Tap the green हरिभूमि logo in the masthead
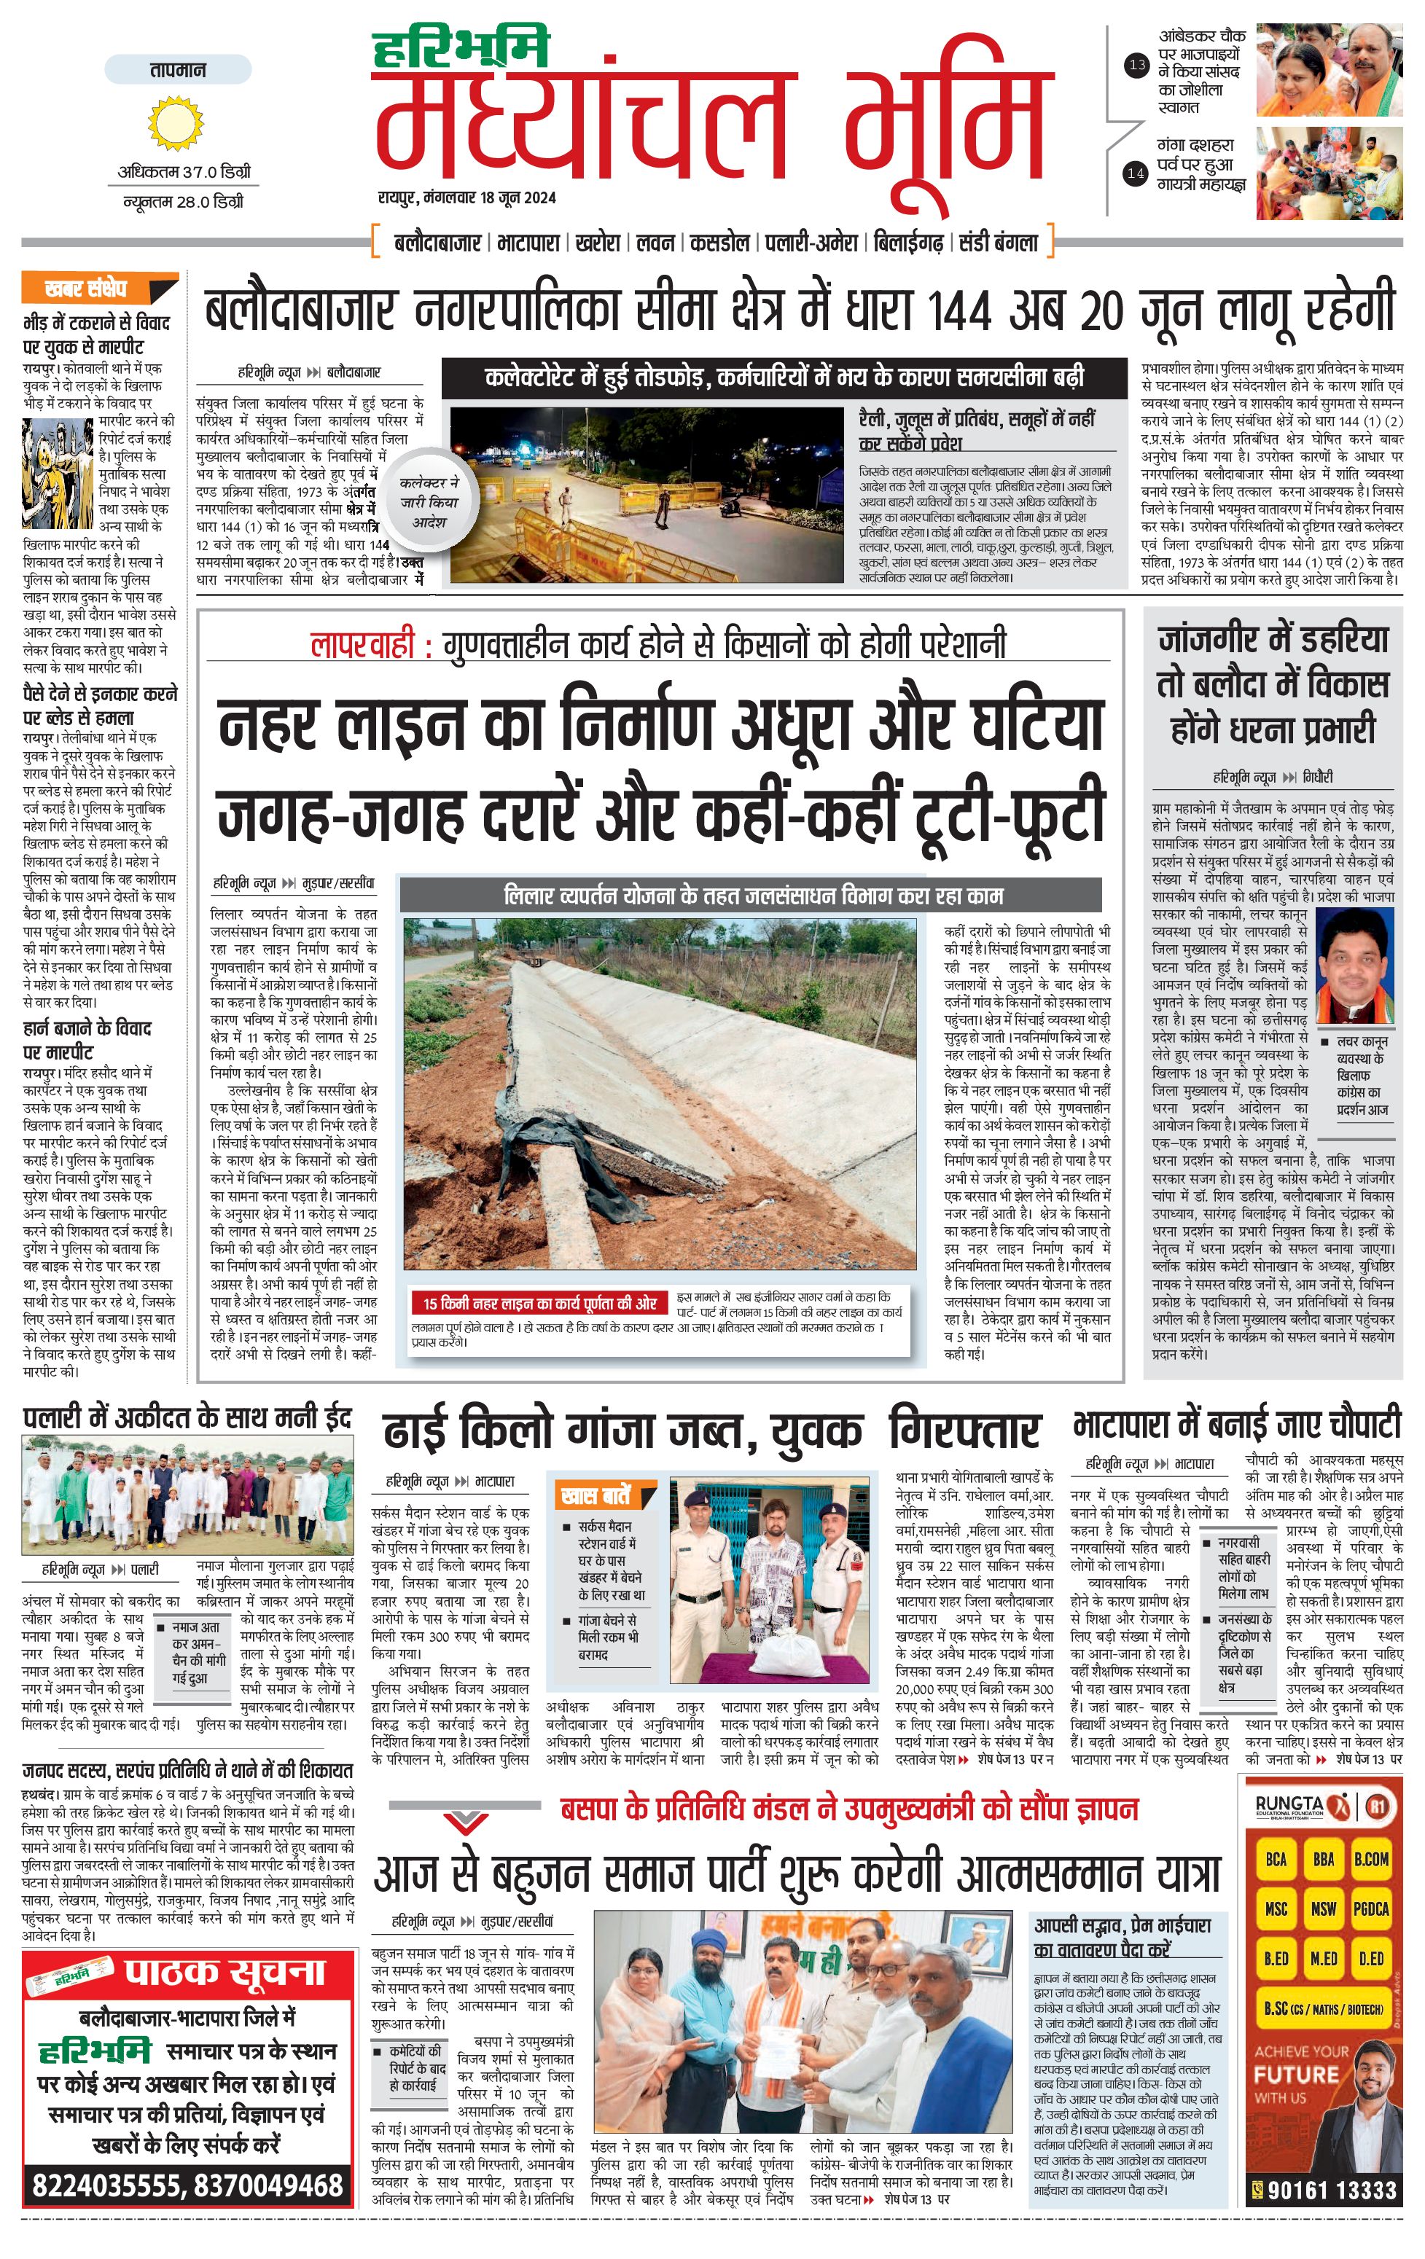[461, 49]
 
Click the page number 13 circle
[1137, 65]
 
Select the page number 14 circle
[1136, 173]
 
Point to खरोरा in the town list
[598, 243]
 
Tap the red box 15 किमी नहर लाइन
[539, 1303]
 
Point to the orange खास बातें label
[595, 1495]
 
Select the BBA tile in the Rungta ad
[1323, 1860]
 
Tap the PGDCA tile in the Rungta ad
[1370, 1908]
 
